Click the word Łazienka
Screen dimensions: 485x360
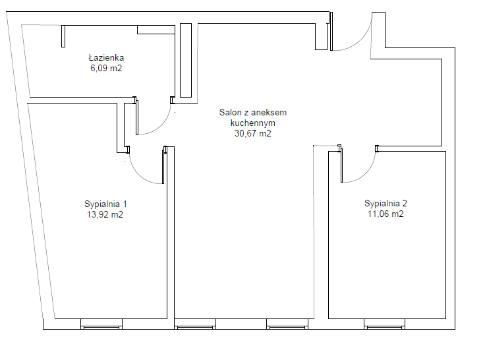pyautogui.click(x=106, y=57)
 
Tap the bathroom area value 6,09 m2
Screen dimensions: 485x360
pyautogui.click(x=106, y=68)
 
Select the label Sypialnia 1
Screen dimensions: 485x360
pyautogui.click(x=105, y=204)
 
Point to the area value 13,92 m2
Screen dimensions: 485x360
pyautogui.click(x=105, y=214)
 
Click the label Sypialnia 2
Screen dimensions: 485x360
pyautogui.click(x=385, y=203)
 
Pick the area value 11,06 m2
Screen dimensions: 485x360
pyautogui.click(x=385, y=214)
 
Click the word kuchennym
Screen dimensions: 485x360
pyautogui.click(x=252, y=123)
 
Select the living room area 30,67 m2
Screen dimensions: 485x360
pyautogui.click(x=252, y=133)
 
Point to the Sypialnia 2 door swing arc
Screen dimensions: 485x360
pyautogui.click(x=366, y=175)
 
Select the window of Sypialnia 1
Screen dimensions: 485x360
pyautogui.click(x=101, y=324)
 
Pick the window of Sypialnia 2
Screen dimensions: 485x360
pyautogui.click(x=384, y=324)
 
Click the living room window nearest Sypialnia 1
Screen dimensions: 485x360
pyautogui.click(x=195, y=324)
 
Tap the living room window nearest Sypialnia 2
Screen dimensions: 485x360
pyautogui.click(x=287, y=324)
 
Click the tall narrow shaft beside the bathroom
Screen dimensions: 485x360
pyautogui.click(x=186, y=61)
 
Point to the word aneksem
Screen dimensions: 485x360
pyautogui.click(x=271, y=112)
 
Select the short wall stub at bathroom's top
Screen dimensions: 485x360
pyautogui.click(x=63, y=36)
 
